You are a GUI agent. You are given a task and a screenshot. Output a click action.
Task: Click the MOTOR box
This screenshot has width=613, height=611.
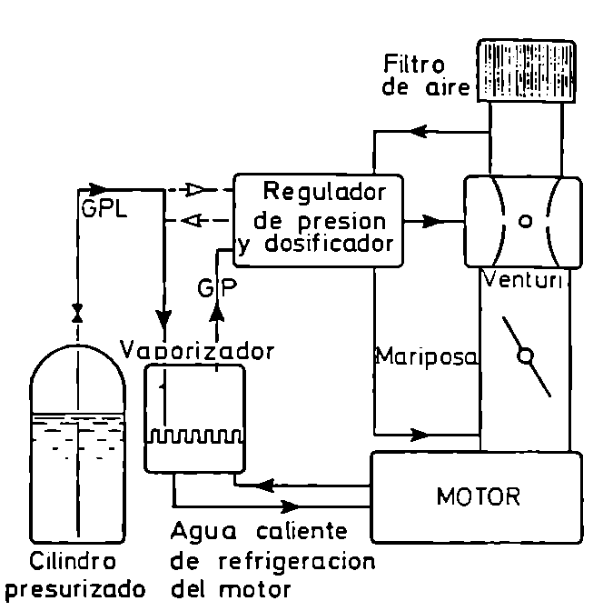pos(476,496)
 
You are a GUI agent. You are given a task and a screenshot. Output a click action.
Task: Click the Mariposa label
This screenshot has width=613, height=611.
pos(426,357)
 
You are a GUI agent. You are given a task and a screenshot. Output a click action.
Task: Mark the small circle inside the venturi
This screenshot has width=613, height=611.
pos(524,221)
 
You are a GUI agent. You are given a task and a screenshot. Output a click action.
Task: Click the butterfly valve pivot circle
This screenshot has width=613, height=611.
pos(524,356)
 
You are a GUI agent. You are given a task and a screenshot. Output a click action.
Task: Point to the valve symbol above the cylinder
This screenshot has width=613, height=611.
pos(77,314)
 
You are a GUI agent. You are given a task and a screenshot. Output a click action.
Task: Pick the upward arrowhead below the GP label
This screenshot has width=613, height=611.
pos(216,312)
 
